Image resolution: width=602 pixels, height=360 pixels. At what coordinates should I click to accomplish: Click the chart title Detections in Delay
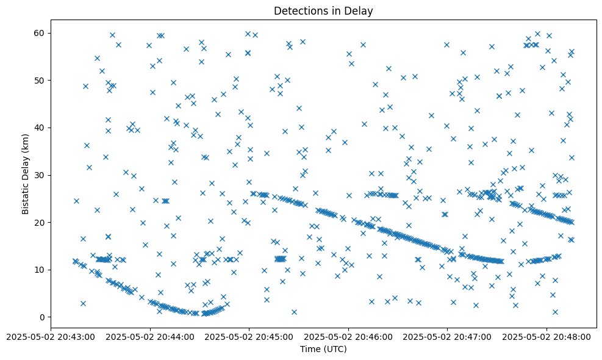click(x=323, y=11)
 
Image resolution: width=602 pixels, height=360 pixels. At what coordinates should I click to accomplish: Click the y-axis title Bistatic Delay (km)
click(x=26, y=175)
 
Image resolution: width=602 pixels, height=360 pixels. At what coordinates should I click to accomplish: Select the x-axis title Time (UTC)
click(x=323, y=349)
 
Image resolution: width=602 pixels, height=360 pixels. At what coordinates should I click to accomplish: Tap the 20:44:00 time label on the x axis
click(x=150, y=336)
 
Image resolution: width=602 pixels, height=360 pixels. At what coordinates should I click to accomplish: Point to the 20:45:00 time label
click(x=249, y=336)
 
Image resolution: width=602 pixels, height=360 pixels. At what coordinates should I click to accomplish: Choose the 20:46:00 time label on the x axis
click(x=348, y=336)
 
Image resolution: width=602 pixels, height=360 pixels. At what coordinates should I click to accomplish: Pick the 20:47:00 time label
click(x=448, y=336)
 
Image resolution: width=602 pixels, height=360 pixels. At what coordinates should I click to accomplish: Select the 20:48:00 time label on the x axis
click(x=547, y=336)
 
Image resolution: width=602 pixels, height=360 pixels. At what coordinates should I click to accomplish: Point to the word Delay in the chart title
click(x=360, y=11)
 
